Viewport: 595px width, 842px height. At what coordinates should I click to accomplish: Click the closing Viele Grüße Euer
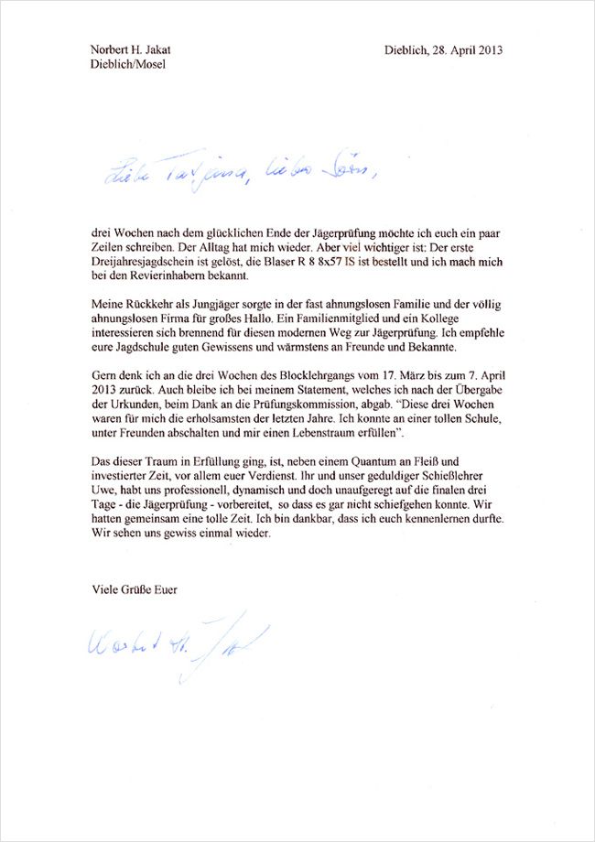pos(135,589)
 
